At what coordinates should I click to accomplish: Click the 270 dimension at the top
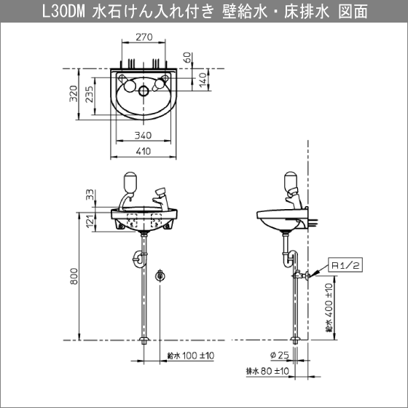coord(144,37)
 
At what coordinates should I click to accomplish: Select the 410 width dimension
coord(144,152)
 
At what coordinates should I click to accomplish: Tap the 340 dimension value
coord(143,136)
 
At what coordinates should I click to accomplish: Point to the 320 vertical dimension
coord(74,94)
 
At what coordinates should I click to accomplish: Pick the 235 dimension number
coord(89,94)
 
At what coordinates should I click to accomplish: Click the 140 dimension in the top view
coord(203,80)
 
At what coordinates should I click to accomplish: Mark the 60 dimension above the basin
coord(188,58)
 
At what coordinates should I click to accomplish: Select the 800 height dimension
coord(74,276)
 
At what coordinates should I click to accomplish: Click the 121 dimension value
coord(90,221)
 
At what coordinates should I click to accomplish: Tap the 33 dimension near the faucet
coord(90,195)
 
